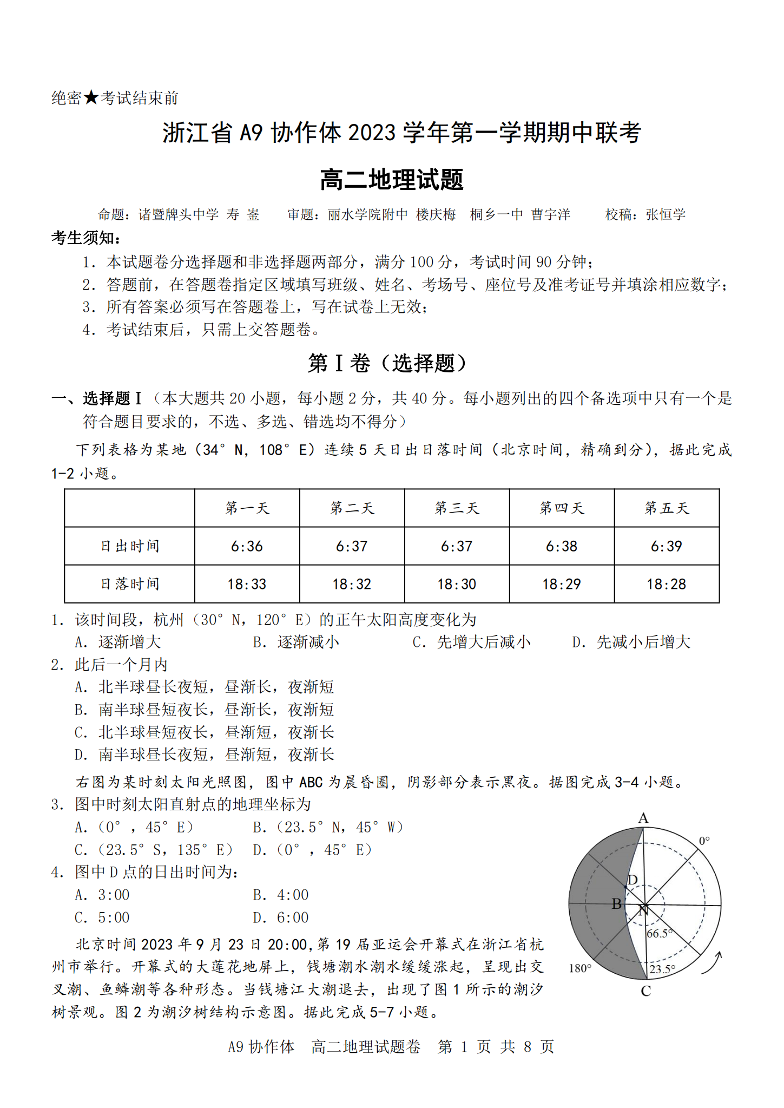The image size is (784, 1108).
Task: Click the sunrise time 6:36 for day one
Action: click(247, 546)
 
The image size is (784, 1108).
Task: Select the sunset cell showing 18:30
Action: click(457, 584)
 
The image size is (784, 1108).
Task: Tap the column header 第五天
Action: click(667, 508)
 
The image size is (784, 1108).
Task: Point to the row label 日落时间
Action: click(130, 584)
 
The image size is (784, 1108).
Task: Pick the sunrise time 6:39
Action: click(667, 546)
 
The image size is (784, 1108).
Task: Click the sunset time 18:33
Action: click(247, 584)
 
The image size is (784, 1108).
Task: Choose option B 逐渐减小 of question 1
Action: click(297, 642)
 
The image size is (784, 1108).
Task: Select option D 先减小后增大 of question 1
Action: click(631, 642)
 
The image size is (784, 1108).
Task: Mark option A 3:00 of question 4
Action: click(102, 895)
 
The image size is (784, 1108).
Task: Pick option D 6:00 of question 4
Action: click(281, 918)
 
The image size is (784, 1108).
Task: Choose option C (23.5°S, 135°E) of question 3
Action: click(154, 850)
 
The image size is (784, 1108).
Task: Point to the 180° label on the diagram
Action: click(579, 968)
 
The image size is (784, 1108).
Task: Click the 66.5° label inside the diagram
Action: click(660, 934)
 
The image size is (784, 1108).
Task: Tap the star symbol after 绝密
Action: click(91, 98)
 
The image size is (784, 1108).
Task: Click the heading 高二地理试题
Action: click(392, 180)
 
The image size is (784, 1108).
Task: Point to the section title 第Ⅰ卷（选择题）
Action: click(387, 363)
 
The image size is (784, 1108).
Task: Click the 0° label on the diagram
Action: click(704, 841)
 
